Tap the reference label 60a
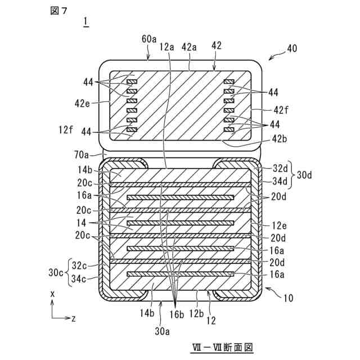pos(149,39)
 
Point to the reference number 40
pos(292,49)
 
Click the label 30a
pos(162,331)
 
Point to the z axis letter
pos(73,318)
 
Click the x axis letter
pos(52,293)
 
